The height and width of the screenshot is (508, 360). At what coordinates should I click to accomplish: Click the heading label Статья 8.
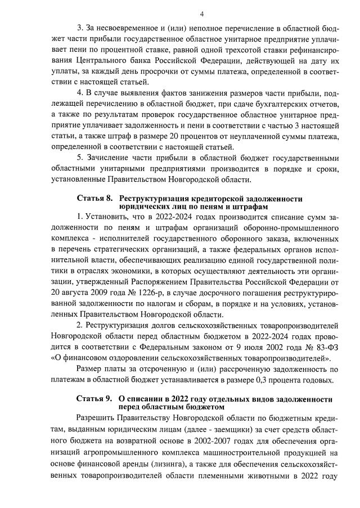[x=94, y=199]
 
